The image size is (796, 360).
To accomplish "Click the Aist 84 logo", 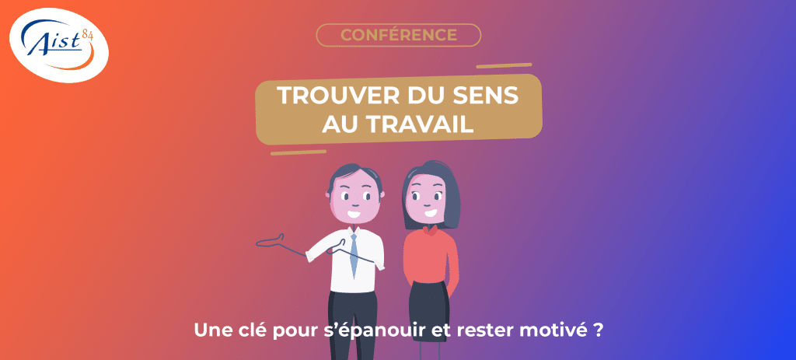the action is coord(59,45).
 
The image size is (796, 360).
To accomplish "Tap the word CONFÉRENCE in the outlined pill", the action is coord(399,35).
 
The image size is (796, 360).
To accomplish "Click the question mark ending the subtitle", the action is coord(598,330).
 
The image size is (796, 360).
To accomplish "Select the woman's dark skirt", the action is coord(429,306).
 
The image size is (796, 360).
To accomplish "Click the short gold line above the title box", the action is coord(504,65).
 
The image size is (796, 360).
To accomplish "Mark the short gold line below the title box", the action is coord(298,152).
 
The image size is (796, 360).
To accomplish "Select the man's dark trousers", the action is coord(352,325).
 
